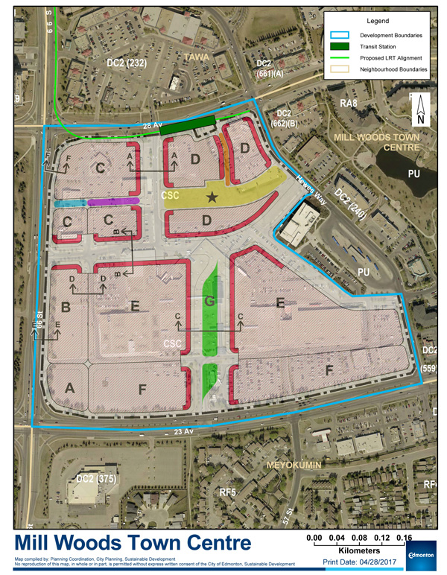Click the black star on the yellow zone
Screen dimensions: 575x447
point(213,197)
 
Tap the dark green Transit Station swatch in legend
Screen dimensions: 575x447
point(346,46)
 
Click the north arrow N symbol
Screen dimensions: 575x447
point(420,112)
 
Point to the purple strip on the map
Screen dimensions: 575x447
point(112,201)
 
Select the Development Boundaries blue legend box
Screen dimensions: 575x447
point(346,34)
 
